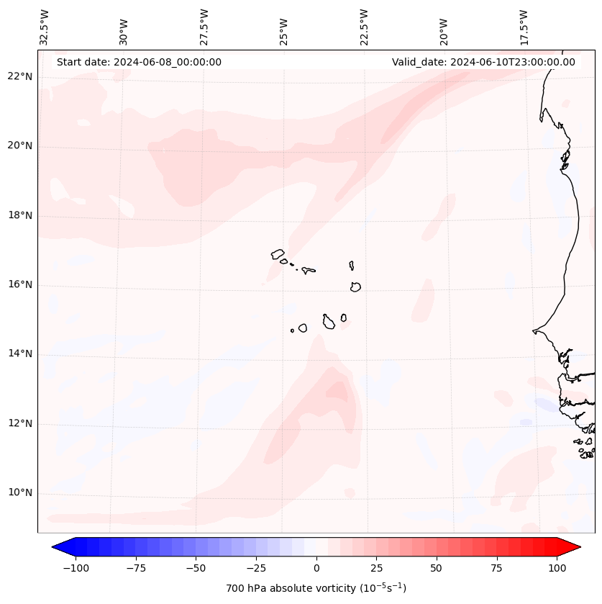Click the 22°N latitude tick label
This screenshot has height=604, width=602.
pyautogui.click(x=19, y=77)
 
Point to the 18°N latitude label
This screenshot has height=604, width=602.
pyautogui.click(x=19, y=216)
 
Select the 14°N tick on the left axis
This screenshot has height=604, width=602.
pyautogui.click(x=19, y=354)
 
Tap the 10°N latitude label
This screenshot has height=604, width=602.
pyautogui.click(x=19, y=493)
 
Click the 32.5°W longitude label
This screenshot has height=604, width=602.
pyautogui.click(x=45, y=27)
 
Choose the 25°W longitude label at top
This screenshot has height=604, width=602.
pyautogui.click(x=284, y=27)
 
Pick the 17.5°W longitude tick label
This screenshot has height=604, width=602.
pyautogui.click(x=524, y=27)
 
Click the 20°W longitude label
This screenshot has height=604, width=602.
pyautogui.click(x=444, y=27)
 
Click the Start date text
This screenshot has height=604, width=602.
pyautogui.click(x=139, y=62)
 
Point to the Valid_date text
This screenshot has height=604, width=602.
pyautogui.click(x=483, y=62)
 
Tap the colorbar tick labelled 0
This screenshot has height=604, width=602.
pyautogui.click(x=316, y=568)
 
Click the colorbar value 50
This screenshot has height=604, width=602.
pyautogui.click(x=437, y=568)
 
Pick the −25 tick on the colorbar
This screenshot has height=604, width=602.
pyautogui.click(x=255, y=568)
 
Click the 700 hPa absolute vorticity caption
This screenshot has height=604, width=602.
pyautogui.click(x=316, y=588)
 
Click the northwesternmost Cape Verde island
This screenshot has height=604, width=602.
pyautogui.click(x=278, y=253)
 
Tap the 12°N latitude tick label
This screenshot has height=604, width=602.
pyautogui.click(x=19, y=424)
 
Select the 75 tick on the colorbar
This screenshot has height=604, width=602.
pyautogui.click(x=497, y=568)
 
